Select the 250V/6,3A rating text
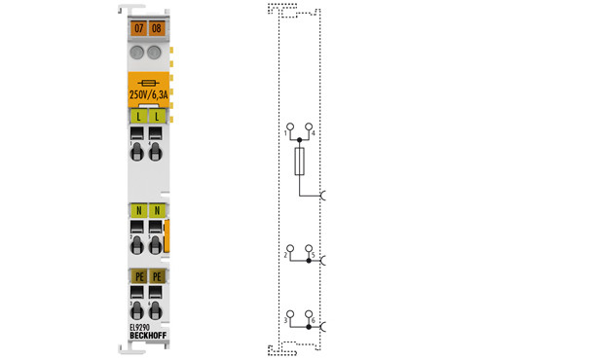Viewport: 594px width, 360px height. click(146, 95)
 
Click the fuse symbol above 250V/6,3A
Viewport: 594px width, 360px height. click(146, 83)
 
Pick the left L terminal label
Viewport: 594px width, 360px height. click(137, 117)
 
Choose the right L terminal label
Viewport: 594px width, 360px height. click(155, 117)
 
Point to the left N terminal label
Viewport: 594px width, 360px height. click(137, 210)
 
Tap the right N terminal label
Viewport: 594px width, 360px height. click(155, 210)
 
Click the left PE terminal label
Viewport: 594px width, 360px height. click(137, 277)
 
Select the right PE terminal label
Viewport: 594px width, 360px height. click(155, 277)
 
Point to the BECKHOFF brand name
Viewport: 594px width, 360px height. click(147, 337)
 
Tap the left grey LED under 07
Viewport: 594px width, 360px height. click(137, 52)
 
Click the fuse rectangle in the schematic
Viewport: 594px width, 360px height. click(299, 162)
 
